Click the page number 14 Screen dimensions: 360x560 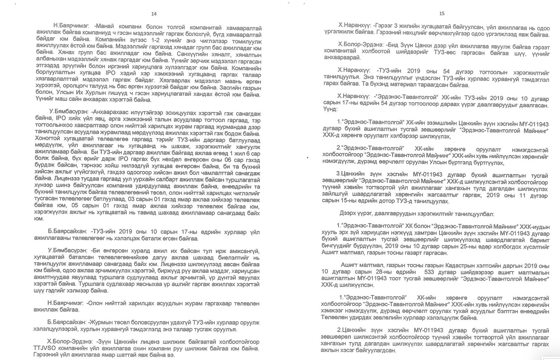coord(154,14)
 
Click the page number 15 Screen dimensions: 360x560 coord(442,13)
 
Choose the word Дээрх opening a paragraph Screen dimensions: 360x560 coord(348,215)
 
